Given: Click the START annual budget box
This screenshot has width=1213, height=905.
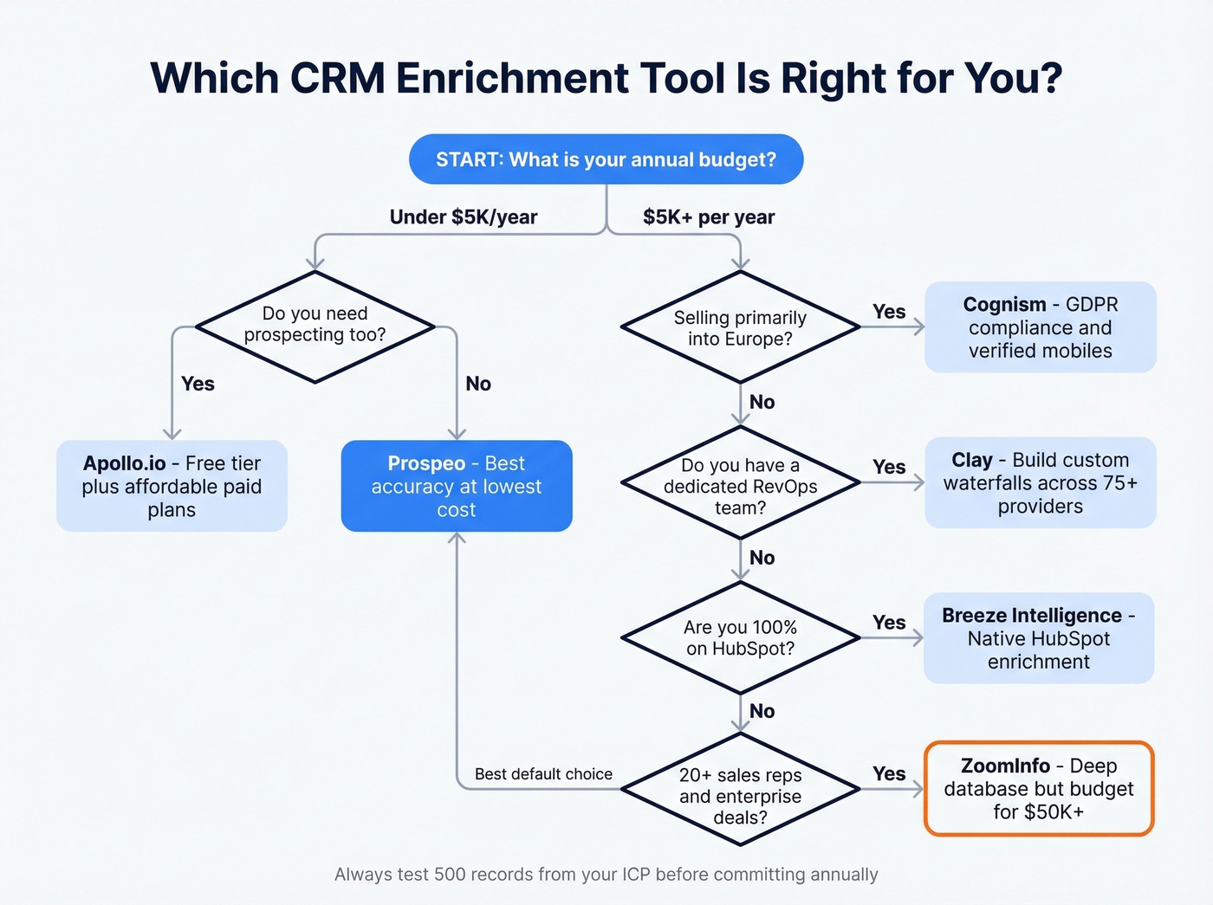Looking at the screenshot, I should (606, 159).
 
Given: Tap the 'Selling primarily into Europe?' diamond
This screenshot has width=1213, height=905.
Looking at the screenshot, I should (740, 328).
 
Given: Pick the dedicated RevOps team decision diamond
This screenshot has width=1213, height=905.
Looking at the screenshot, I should (740, 486).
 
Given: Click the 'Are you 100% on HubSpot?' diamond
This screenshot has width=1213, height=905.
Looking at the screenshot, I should (740, 638).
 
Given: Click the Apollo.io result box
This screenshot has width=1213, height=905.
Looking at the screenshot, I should (172, 486).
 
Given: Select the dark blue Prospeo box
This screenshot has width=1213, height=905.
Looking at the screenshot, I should (457, 486).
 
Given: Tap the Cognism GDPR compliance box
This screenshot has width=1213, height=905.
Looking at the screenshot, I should (1040, 327).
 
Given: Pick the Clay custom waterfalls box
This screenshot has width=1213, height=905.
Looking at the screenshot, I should (1040, 483).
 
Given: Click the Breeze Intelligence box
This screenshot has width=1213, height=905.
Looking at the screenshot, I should (1039, 638).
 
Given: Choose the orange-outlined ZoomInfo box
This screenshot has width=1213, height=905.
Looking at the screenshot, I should (1039, 788).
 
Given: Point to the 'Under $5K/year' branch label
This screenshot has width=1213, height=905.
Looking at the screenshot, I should (464, 217).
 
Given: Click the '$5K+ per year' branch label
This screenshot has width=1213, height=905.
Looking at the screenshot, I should (709, 217).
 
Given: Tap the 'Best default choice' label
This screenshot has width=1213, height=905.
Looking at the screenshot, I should (543, 774).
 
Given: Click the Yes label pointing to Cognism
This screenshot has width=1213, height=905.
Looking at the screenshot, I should (889, 312).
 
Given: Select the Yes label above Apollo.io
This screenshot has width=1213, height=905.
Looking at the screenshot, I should (198, 384).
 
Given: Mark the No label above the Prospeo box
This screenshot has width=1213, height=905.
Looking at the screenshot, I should (478, 384).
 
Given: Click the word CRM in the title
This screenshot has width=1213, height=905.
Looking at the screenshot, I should (338, 78).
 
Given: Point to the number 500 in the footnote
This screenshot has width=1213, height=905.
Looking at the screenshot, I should (450, 875).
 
